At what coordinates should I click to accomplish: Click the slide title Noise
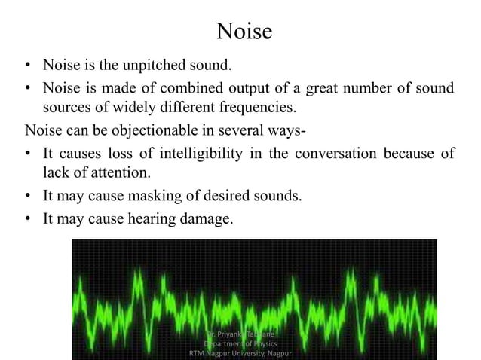(240, 32)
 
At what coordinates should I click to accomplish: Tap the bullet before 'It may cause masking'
(29, 197)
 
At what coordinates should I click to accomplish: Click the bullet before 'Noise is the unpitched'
(29, 66)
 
